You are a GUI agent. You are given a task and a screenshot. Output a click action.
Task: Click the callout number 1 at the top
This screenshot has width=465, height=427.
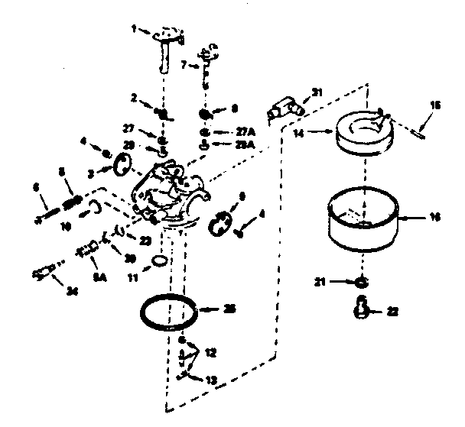(x=133, y=30)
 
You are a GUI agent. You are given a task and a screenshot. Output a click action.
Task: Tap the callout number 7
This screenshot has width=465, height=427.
(x=184, y=66)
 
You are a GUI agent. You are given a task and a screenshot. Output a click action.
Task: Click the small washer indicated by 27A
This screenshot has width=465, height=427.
(x=205, y=131)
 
